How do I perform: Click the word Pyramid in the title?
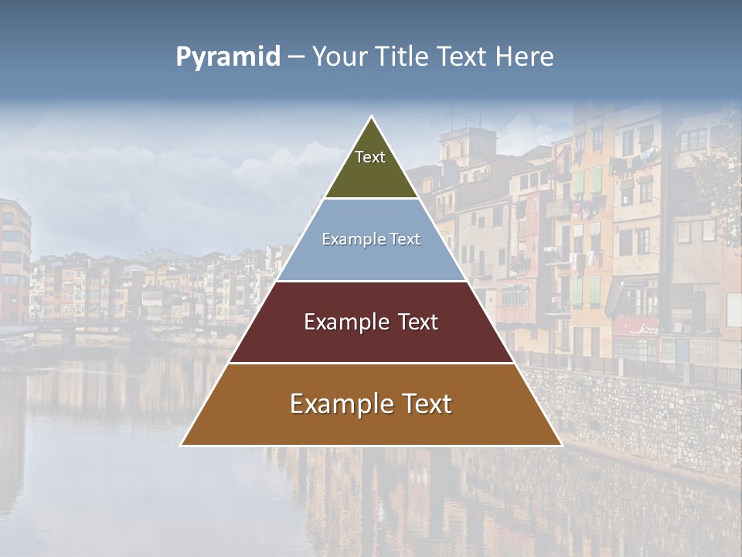[227, 57]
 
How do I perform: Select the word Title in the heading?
[403, 57]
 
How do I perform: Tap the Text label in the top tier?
[370, 157]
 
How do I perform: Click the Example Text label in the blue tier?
[371, 239]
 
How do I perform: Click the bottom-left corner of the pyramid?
[182, 445]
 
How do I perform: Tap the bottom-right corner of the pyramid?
[561, 445]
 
